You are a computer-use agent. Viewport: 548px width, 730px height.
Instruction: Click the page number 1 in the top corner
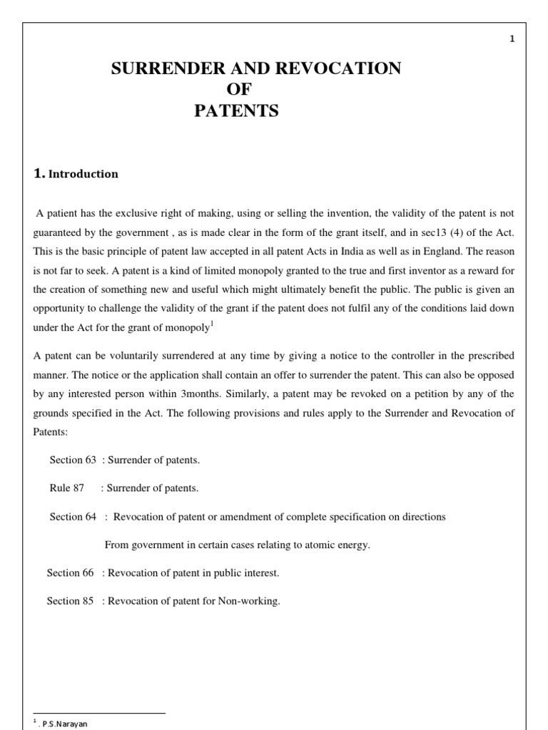tap(512, 39)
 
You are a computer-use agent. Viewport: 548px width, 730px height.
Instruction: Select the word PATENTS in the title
tap(237, 111)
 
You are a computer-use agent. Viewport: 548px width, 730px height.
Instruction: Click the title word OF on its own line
tap(238, 90)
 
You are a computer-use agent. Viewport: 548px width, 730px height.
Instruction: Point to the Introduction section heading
tap(83, 174)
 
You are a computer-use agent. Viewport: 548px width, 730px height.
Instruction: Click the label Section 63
tap(73, 460)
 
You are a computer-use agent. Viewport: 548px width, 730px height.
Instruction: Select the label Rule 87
tap(66, 488)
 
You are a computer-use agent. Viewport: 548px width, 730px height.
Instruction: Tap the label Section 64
tap(73, 517)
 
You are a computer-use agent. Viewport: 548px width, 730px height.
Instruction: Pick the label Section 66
tap(70, 573)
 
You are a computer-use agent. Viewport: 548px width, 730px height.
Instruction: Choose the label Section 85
tap(70, 601)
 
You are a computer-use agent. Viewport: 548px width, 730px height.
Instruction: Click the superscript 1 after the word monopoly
tap(213, 324)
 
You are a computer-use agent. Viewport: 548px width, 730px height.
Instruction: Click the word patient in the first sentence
tap(61, 213)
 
